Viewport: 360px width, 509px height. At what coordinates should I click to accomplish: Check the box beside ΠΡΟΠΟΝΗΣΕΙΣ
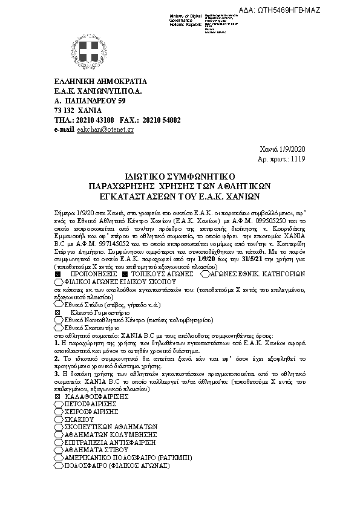(x=57, y=273)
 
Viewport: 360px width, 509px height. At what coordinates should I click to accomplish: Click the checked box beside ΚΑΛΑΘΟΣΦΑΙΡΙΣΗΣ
(x=57, y=396)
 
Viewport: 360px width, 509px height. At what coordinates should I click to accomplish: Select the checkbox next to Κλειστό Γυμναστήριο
(x=57, y=313)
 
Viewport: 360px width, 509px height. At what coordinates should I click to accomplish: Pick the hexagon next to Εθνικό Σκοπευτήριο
(x=58, y=327)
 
